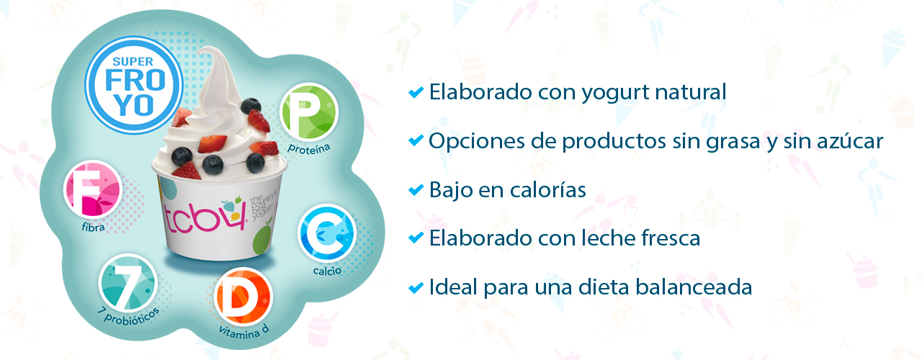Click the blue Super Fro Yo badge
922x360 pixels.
134,85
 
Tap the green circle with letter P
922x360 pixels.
309,112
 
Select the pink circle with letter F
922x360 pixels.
93,189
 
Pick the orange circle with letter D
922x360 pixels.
243,297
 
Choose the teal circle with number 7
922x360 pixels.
128,284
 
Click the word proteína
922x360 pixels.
309,148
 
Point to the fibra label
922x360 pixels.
93,227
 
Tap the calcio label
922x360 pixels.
327,271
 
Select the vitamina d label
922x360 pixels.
243,331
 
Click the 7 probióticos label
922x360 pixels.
128,317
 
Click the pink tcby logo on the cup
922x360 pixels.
205,217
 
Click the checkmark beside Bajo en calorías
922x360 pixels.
416,189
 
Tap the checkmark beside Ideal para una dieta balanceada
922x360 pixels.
416,287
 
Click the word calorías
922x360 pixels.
548,190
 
